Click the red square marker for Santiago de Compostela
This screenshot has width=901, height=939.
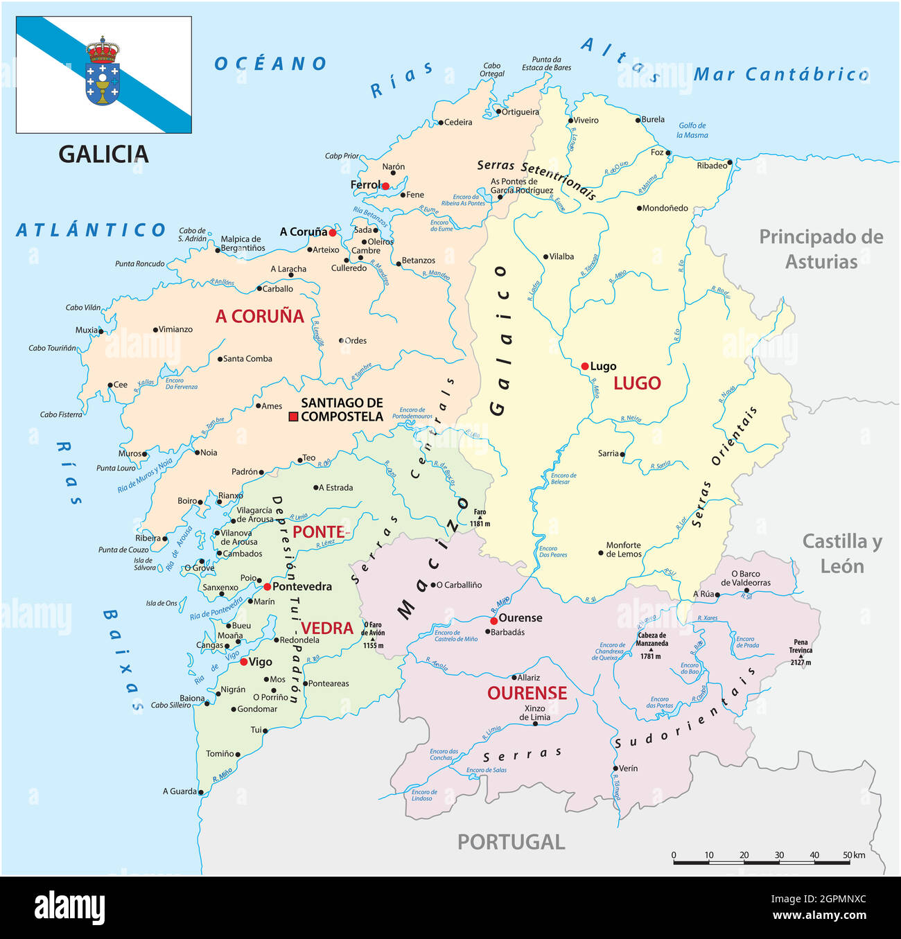coord(293,416)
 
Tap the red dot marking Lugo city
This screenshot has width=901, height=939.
coord(585,367)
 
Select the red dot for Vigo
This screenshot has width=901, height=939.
coord(244,662)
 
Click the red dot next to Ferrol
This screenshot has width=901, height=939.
coord(385,186)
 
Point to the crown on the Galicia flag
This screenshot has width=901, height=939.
coord(103,50)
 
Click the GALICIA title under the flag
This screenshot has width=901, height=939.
coord(103,154)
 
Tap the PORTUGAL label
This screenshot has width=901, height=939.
coord(511,842)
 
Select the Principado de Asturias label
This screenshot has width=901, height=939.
coord(821,249)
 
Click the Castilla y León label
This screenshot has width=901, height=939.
coord(842,553)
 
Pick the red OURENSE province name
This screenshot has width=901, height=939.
coord(527,693)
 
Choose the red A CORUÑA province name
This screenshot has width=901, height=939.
coord(260,316)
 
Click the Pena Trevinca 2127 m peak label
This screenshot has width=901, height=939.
coord(801,652)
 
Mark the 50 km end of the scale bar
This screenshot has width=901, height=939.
coord(848,862)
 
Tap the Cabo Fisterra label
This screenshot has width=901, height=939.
coord(61,414)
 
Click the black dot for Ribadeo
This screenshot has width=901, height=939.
coord(730,162)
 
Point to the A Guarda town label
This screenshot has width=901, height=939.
coord(180,791)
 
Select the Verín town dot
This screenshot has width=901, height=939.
coord(615,768)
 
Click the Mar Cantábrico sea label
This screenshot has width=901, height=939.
coord(781,74)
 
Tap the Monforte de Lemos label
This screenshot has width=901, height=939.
coord(624,550)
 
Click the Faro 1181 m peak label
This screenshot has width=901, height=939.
coord(480,518)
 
